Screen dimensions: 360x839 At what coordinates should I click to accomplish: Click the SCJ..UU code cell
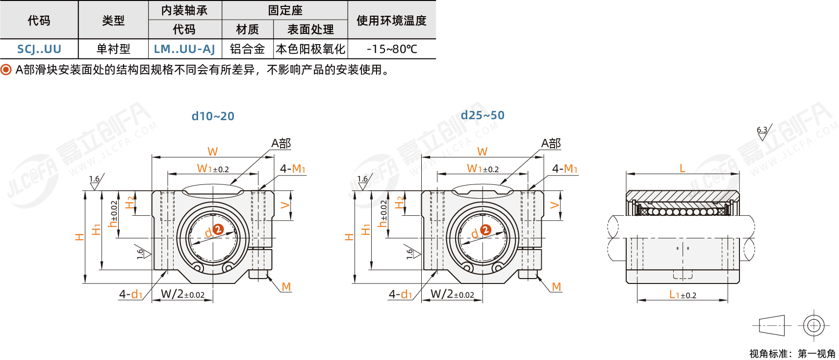(x=39, y=49)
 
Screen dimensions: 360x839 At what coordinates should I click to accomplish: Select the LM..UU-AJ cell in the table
(x=184, y=49)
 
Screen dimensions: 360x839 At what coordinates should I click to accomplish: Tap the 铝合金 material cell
(x=247, y=49)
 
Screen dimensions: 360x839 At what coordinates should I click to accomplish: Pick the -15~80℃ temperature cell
(x=391, y=49)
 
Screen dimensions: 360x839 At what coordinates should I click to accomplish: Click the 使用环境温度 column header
(x=391, y=20)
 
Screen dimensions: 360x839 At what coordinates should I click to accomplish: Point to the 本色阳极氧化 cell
(x=310, y=49)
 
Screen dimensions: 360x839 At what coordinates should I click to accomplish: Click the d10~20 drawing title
(x=213, y=116)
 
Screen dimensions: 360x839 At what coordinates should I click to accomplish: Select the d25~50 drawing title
(x=483, y=115)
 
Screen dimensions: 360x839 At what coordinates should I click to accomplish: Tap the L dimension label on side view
(x=682, y=169)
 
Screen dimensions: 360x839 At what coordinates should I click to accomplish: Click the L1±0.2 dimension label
(x=683, y=295)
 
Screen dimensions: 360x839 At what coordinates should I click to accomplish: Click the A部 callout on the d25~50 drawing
(x=551, y=143)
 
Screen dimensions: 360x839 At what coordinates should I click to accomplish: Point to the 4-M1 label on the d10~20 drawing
(x=293, y=169)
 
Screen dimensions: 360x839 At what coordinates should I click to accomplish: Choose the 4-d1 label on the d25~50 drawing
(x=401, y=294)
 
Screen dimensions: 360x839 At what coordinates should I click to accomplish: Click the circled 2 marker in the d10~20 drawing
(x=218, y=230)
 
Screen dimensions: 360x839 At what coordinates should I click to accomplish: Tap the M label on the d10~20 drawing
(x=286, y=287)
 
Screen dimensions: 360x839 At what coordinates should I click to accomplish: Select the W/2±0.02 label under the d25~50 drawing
(x=452, y=294)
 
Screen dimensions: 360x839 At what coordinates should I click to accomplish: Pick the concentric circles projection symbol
(x=814, y=325)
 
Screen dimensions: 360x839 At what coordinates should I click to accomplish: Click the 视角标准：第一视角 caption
(x=792, y=354)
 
